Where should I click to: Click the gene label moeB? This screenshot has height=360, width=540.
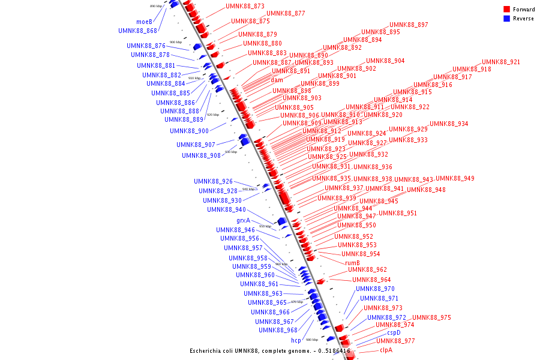(x=144, y=22)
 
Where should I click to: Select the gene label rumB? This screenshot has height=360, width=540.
(x=352, y=263)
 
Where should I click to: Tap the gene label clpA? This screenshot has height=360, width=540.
(x=386, y=350)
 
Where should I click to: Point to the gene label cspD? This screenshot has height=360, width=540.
(x=394, y=332)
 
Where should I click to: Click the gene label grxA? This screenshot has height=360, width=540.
(x=243, y=220)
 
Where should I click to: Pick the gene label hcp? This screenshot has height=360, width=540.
(x=296, y=340)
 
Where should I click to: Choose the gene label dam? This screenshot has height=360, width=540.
(x=277, y=80)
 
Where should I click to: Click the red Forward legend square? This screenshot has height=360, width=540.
(x=506, y=9)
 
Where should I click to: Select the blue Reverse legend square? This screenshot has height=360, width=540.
(x=506, y=18)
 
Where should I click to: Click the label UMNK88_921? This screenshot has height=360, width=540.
(x=501, y=62)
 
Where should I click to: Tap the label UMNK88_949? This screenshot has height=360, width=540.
(x=455, y=178)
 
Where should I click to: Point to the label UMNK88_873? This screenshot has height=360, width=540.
(x=245, y=6)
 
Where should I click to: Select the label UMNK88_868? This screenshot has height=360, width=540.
(x=137, y=31)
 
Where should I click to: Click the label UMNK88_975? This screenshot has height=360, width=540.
(x=431, y=317)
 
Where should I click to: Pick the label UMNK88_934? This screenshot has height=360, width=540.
(x=449, y=124)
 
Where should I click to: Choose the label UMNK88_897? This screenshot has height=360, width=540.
(x=409, y=25)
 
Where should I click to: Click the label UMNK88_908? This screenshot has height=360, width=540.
(x=201, y=155)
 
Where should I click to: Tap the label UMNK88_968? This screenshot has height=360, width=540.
(x=278, y=330)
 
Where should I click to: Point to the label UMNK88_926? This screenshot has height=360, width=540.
(x=213, y=181)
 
